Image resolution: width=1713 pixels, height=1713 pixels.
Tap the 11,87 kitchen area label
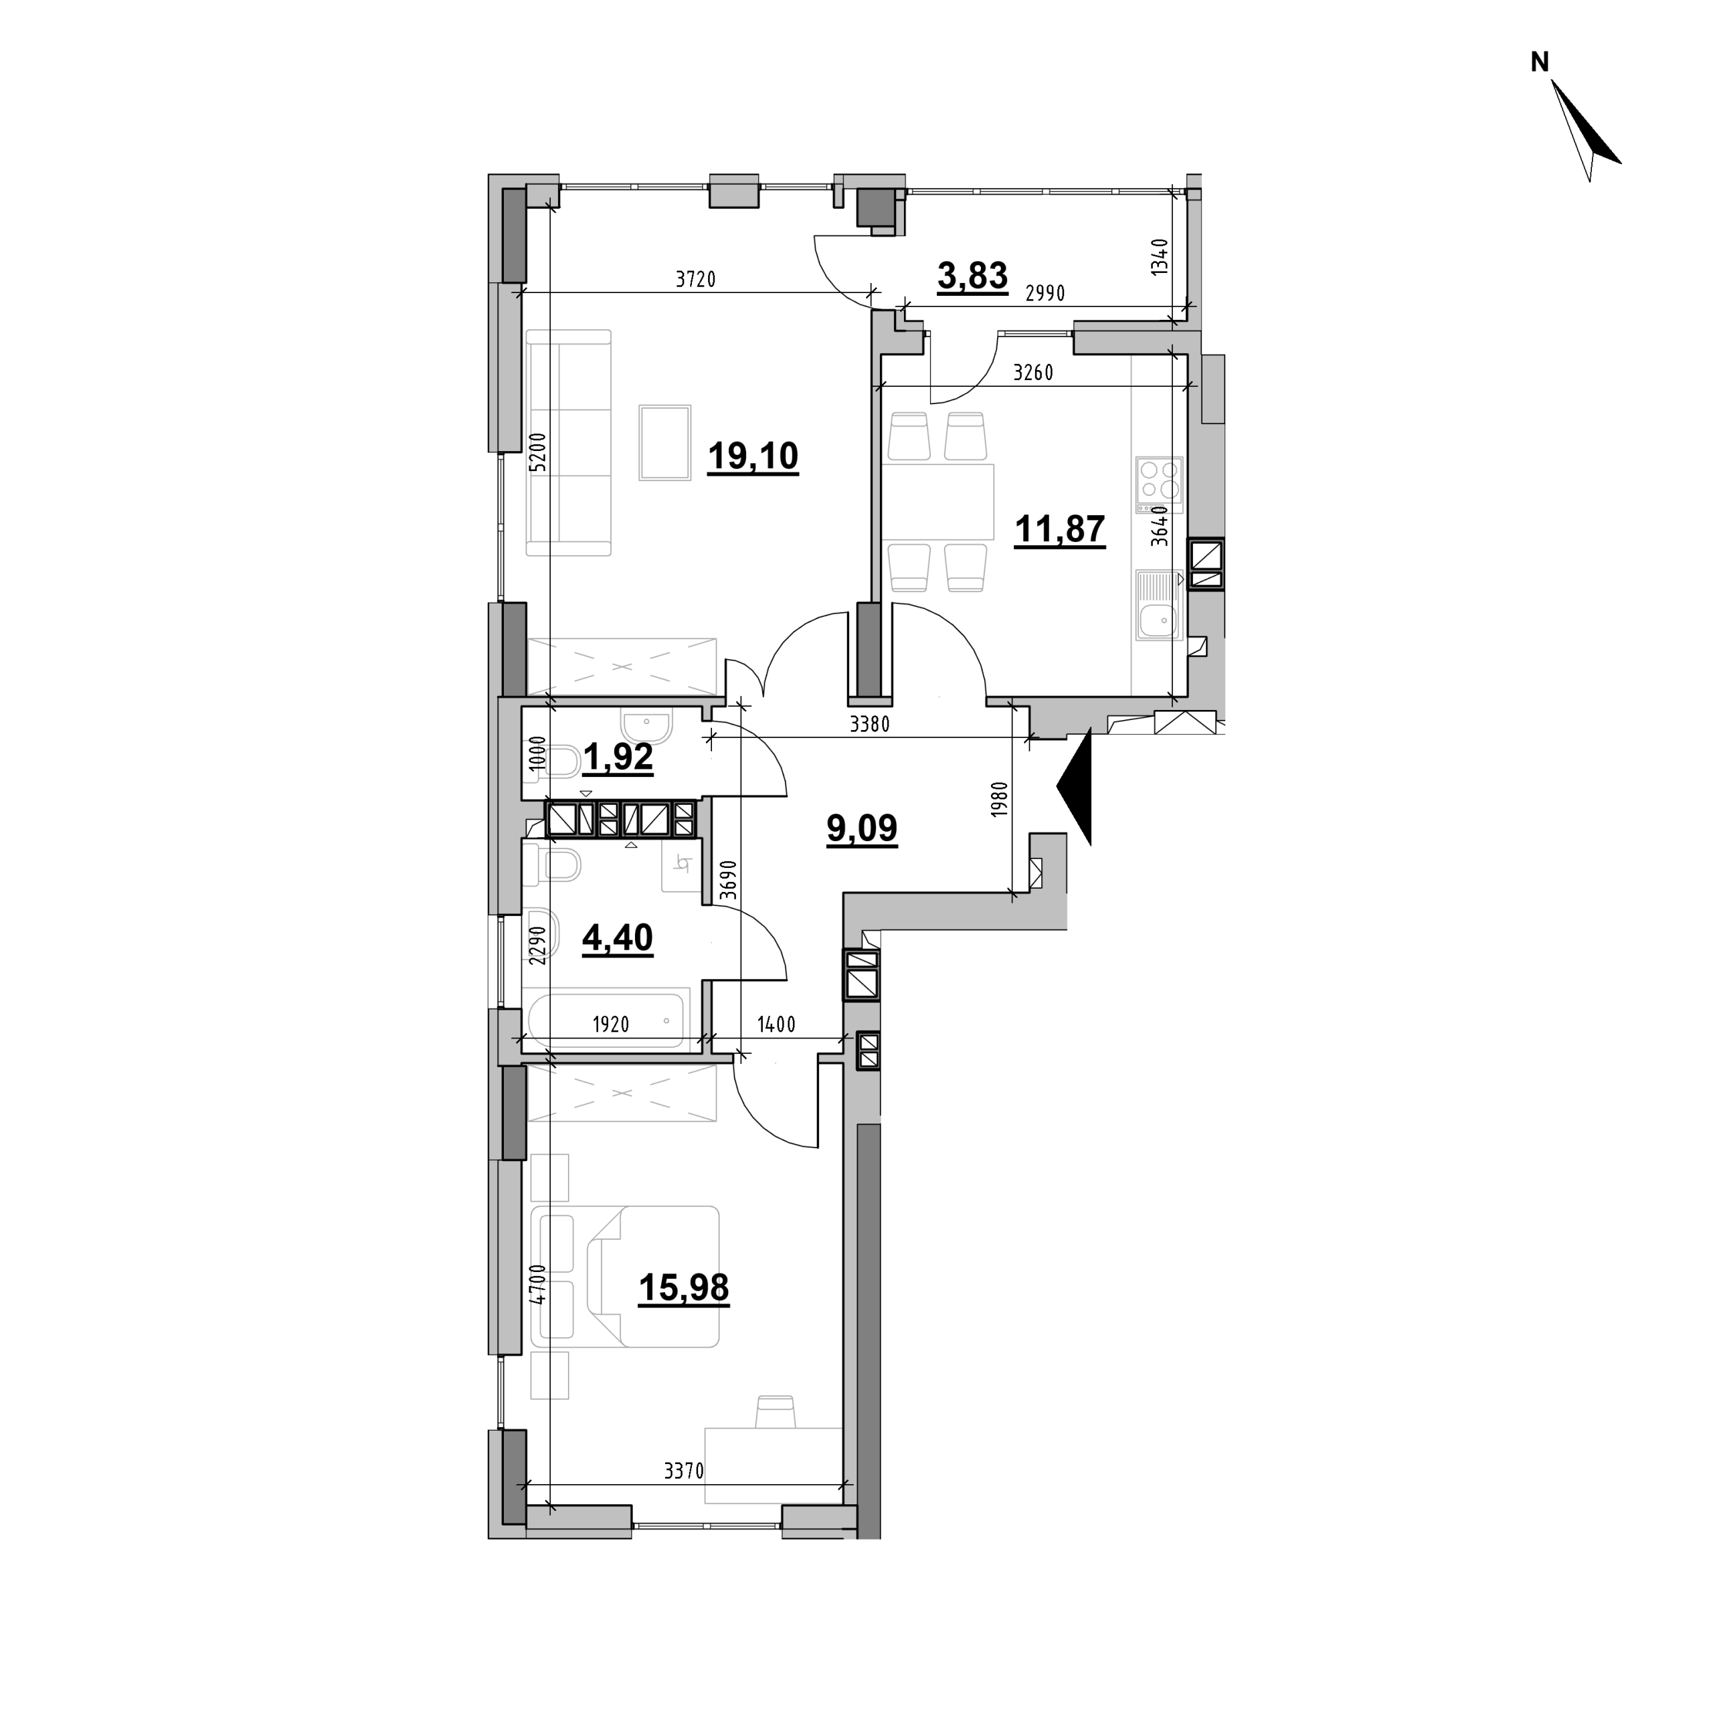click(1059, 529)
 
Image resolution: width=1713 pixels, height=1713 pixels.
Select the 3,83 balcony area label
click(973, 276)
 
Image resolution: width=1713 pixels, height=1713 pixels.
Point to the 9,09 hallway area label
click(862, 828)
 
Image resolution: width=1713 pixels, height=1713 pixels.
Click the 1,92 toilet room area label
click(618, 758)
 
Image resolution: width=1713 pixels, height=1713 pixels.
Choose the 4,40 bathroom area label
click(618, 937)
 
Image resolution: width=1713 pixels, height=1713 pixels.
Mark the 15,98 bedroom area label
click(684, 1287)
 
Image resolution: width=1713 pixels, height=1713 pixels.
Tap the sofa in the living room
click(568, 442)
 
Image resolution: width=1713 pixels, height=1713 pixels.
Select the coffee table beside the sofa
click(665, 442)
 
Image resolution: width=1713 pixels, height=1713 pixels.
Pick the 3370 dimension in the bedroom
click(684, 1472)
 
